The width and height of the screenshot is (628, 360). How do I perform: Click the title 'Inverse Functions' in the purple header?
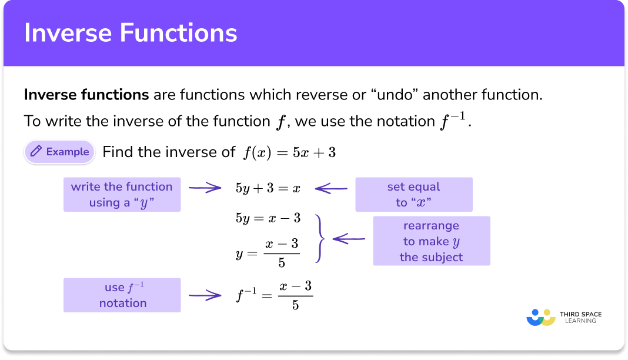tap(131, 33)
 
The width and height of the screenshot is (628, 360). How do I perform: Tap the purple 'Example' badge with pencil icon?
tap(59, 152)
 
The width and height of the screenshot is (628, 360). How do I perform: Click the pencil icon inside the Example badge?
tap(36, 152)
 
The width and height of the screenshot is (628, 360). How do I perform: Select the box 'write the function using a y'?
tap(122, 195)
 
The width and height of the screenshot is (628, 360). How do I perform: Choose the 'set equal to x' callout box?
tap(413, 195)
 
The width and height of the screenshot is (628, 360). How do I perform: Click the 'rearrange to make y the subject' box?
tap(431, 241)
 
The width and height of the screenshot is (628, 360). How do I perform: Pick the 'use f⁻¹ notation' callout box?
tap(122, 295)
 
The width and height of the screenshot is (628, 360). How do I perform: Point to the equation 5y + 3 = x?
tap(268, 189)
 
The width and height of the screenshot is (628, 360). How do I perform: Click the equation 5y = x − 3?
tap(268, 218)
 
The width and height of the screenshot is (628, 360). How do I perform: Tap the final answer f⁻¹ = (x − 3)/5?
tap(273, 295)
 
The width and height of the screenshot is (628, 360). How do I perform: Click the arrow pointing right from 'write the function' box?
tap(205, 189)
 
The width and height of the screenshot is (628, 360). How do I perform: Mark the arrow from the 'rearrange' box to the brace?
tap(349, 239)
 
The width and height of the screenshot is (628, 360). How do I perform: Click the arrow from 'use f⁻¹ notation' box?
tap(205, 295)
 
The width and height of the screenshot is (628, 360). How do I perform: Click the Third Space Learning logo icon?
tap(540, 317)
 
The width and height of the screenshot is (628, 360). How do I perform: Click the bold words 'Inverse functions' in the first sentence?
tap(86, 94)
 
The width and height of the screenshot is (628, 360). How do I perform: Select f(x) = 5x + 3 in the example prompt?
tap(289, 152)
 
